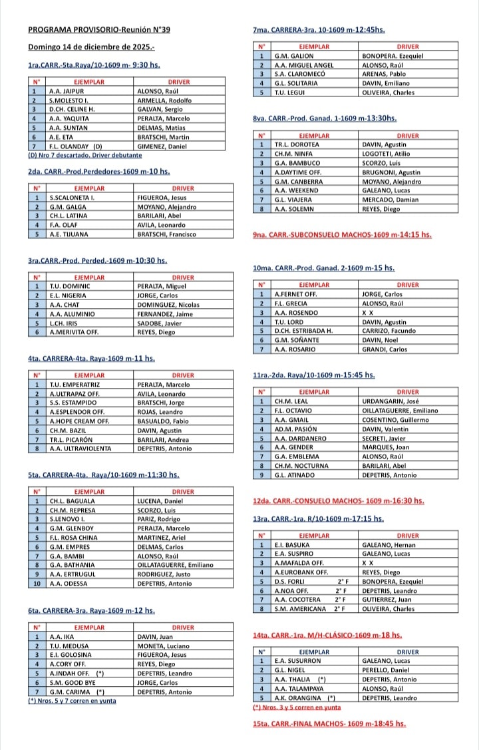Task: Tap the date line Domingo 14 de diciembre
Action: [x=91, y=47]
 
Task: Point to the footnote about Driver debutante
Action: [x=85, y=155]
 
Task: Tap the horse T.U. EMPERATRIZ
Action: [x=74, y=384]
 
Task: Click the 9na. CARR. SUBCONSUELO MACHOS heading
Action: [x=342, y=235]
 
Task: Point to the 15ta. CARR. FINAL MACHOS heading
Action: [x=329, y=723]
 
